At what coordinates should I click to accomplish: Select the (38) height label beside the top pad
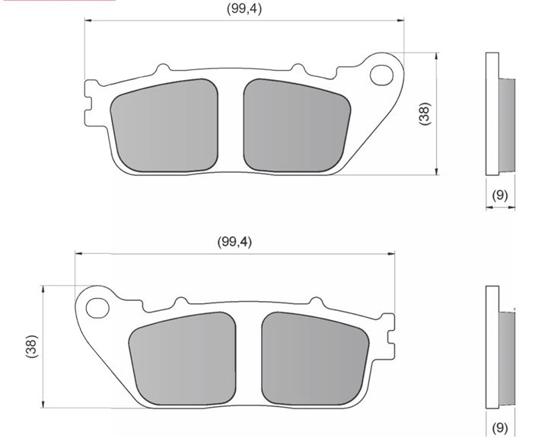click(425, 114)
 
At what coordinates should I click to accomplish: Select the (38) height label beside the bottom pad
click(31, 347)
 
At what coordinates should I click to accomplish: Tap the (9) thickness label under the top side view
click(500, 195)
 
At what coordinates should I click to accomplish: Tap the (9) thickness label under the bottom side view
click(500, 428)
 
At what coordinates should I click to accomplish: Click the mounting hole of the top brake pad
click(381, 75)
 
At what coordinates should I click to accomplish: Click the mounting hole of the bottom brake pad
click(97, 308)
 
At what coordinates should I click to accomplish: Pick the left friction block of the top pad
click(164, 125)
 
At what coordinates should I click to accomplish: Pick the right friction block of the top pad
click(297, 125)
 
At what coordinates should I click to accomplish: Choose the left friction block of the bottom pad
click(183, 358)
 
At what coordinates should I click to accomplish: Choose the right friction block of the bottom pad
click(315, 358)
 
